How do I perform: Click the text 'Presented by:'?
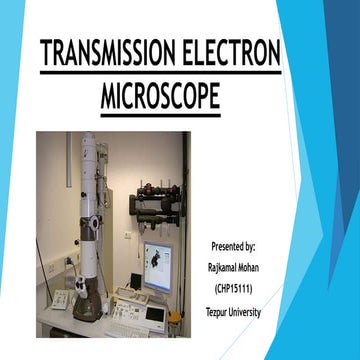click(235, 244)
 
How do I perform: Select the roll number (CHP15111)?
click(236, 288)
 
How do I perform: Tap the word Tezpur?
click(222, 312)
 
